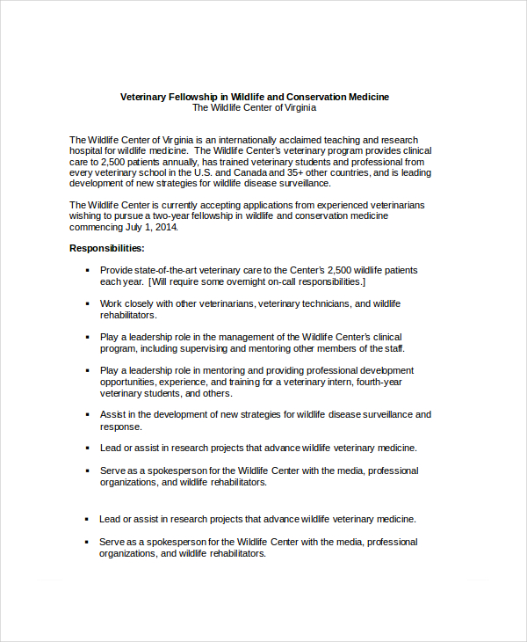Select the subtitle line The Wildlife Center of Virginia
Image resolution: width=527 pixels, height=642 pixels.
(x=254, y=108)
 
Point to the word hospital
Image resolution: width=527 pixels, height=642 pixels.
(x=88, y=151)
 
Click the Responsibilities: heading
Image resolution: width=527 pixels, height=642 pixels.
(x=107, y=249)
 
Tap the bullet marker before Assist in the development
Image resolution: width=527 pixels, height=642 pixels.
(x=87, y=415)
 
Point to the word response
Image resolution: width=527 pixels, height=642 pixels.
(x=121, y=427)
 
